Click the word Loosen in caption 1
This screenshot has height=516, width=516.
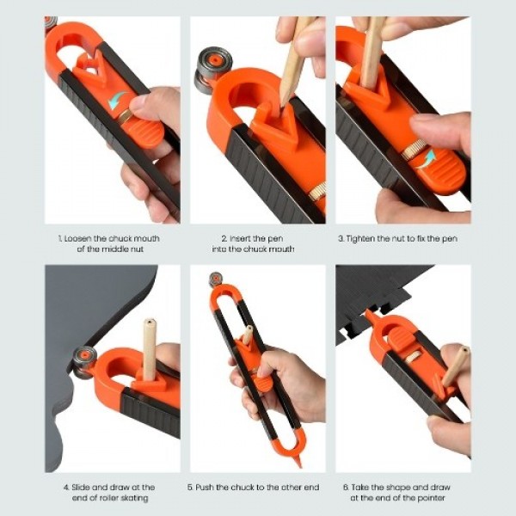[77, 237]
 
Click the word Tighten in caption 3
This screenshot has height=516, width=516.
[376, 237]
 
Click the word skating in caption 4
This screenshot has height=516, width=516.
[133, 498]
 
